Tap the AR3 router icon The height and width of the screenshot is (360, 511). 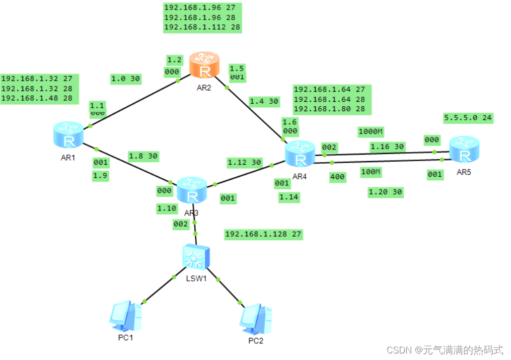pos(192,189)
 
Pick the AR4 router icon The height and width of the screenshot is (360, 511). pos(300,154)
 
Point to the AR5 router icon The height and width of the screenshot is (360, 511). pos(464,150)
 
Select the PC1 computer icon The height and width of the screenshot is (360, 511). pos(125,316)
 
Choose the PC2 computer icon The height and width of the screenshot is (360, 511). pos(255,319)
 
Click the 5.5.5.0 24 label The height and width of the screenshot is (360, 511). pos(468,118)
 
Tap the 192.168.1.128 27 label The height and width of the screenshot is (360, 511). pos(264,234)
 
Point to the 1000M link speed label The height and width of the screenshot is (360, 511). pos(371,132)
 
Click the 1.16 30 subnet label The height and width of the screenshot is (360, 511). pos(387,147)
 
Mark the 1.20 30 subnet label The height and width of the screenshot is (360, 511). pos(386,192)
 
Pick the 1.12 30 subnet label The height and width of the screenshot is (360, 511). pos(245,162)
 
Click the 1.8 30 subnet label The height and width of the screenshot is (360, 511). pos(143,156)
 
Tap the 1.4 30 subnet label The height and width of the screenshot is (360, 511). pos(264,101)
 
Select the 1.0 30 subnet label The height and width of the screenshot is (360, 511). pos(125,79)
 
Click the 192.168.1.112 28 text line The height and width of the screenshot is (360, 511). pos(202,27)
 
